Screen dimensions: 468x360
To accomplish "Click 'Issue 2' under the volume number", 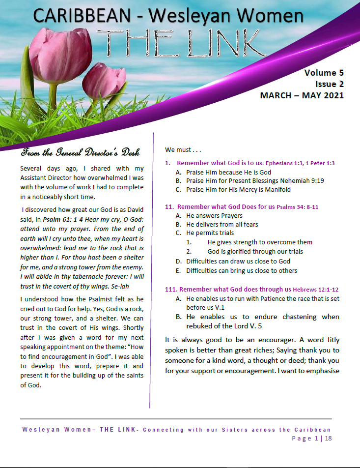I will pos(329,84).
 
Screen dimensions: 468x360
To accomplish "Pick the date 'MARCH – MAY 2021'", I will pos(302,95).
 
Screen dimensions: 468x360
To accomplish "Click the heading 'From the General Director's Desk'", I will pos(83,150).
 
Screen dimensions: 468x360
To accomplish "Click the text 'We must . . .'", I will pos(183,149).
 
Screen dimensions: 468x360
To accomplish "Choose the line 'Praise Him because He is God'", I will pos(228,172).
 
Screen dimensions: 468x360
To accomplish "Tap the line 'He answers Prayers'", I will pos(214,215).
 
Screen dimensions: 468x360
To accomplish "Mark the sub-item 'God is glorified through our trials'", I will pos(255,251).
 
